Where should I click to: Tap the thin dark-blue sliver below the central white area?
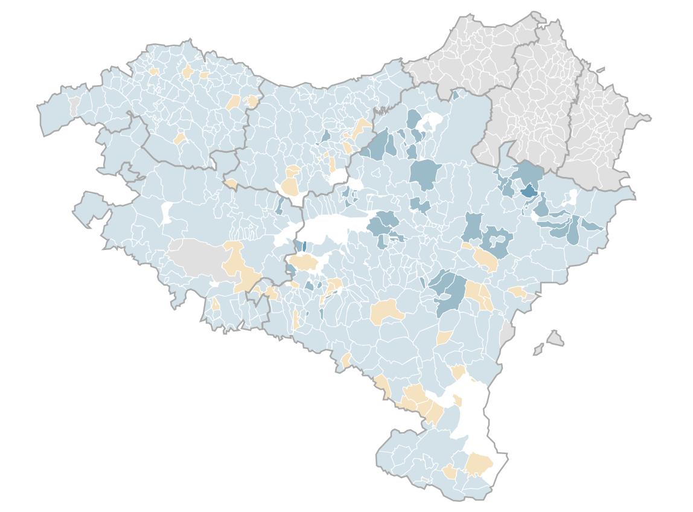coord(304,246)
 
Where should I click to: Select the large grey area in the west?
coord(196,256)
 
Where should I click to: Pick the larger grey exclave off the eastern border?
coord(555,338)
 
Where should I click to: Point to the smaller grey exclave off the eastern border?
coord(538,349)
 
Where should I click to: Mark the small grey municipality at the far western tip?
coord(74,107)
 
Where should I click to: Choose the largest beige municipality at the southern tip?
coord(479,464)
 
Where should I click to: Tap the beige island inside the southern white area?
coord(458,400)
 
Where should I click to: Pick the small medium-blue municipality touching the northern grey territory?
coord(456,95)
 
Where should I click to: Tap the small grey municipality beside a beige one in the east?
coord(531,296)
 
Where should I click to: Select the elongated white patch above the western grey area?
coord(167,213)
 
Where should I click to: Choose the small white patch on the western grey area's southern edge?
coord(214,283)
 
